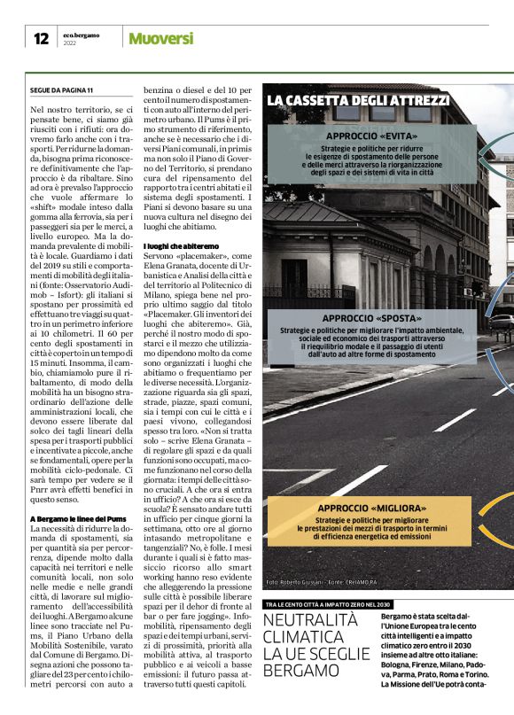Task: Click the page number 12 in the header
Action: point(41,38)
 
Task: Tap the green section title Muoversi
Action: point(160,39)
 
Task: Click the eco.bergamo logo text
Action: point(82,35)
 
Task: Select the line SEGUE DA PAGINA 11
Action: point(61,90)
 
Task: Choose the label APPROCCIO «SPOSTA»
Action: point(372,318)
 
